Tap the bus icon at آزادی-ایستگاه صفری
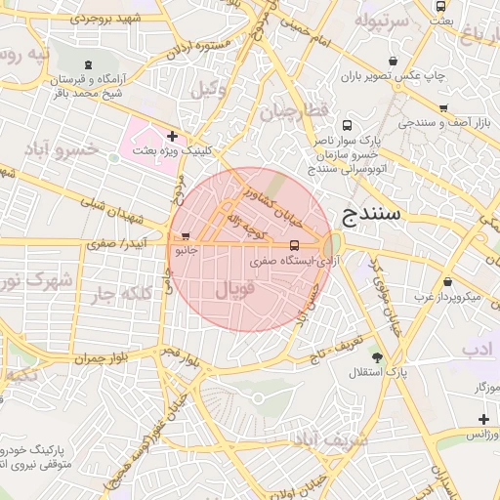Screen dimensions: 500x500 pos(295,245)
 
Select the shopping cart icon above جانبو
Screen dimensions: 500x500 pos(186,235)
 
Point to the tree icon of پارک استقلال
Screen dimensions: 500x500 pos(378,357)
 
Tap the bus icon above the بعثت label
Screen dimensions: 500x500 pos(439,7)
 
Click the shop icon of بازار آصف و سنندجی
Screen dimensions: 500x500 pos(444,109)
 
